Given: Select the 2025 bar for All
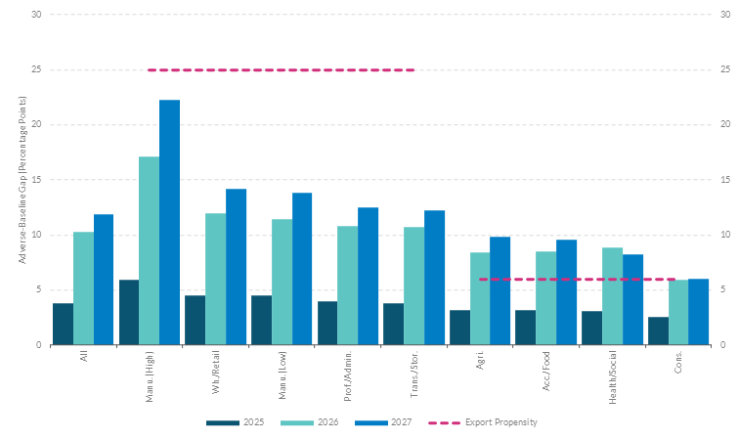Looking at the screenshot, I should (x=63, y=324).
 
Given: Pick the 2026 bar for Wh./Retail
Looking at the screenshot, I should (x=215, y=279).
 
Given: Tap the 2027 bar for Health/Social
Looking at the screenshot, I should (x=632, y=299).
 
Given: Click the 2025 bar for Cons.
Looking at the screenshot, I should (x=658, y=330).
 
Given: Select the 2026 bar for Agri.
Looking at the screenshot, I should (x=480, y=298).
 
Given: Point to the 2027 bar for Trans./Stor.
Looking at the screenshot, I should (x=434, y=278).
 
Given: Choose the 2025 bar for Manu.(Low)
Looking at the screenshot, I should (x=261, y=320).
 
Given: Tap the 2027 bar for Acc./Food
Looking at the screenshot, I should (x=566, y=292).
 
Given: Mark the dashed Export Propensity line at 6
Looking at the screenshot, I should (x=577, y=279).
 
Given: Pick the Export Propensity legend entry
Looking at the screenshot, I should (x=483, y=422).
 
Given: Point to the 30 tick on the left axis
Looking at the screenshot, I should (x=37, y=15).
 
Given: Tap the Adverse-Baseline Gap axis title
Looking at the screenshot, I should (x=22, y=180).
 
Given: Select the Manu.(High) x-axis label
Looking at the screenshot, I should (x=151, y=373).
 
